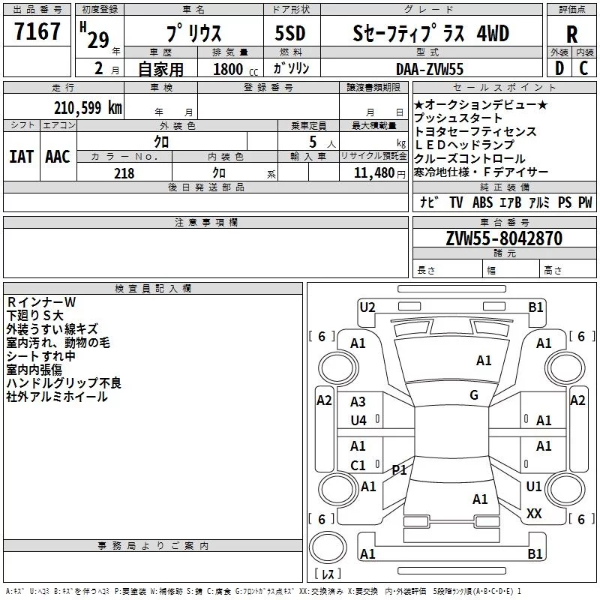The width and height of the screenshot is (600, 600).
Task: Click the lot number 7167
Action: click(37, 31)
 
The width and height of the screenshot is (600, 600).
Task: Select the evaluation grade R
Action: click(571, 34)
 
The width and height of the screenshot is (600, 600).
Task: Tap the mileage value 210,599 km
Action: click(88, 108)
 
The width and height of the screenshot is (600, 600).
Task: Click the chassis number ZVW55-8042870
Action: click(504, 238)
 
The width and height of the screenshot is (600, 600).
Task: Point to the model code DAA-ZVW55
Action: click(430, 69)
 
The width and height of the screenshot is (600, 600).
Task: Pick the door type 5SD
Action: click(290, 33)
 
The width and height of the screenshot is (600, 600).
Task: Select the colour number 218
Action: click(124, 173)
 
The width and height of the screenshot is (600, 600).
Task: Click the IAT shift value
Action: click(21, 157)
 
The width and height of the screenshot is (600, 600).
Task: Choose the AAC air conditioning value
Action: click(58, 157)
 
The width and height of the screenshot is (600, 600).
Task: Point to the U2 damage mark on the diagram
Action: click(367, 307)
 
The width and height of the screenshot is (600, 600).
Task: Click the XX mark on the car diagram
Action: click(534, 514)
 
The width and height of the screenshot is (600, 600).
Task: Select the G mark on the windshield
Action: click(474, 394)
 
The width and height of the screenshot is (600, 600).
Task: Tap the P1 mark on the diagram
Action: click(399, 469)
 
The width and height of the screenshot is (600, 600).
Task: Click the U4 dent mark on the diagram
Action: click(358, 421)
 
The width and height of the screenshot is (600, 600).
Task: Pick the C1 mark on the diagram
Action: click(358, 465)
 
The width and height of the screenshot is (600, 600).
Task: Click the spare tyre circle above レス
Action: click(328, 548)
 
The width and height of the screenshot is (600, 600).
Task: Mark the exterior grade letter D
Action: click(559, 68)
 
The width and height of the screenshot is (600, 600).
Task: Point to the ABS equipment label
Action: click(482, 202)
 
